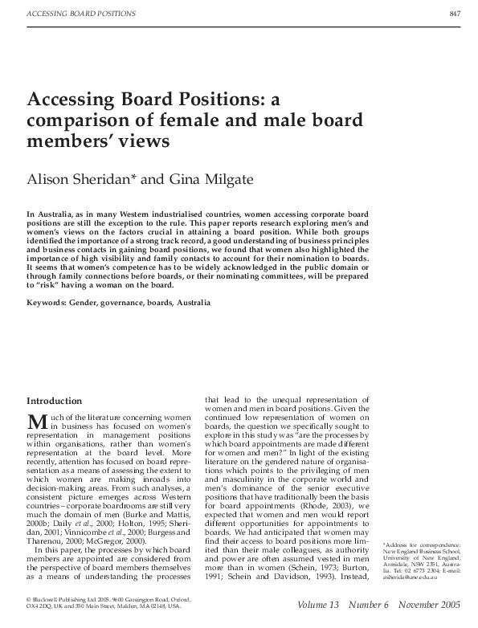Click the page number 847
tap(455, 14)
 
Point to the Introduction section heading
tap(54, 400)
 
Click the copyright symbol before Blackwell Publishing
tap(29, 598)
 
